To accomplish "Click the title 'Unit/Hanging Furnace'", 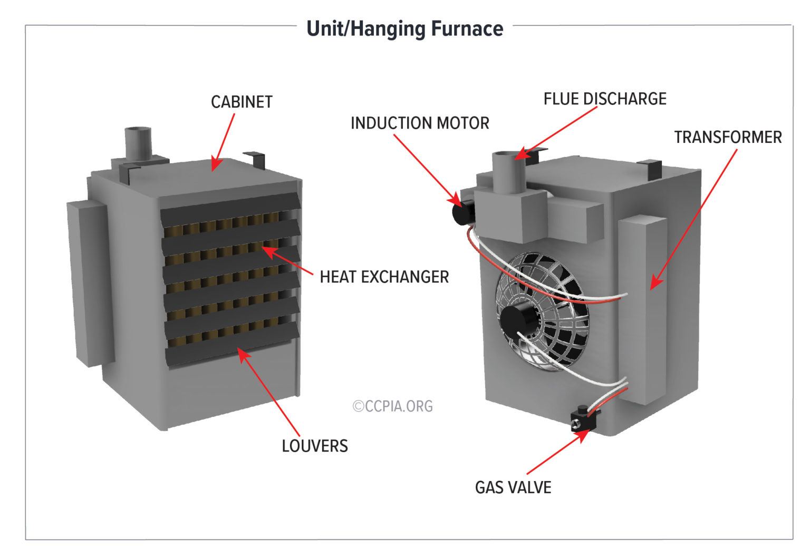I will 404,28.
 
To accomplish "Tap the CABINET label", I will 242,102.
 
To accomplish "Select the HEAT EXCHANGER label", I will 384,277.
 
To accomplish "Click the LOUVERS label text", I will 315,446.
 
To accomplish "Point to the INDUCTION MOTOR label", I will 420,123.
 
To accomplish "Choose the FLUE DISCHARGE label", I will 605,99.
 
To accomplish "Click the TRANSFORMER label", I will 728,138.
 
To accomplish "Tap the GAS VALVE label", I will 513,487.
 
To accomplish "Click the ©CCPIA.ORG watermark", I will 393,406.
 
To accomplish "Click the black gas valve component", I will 583,421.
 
